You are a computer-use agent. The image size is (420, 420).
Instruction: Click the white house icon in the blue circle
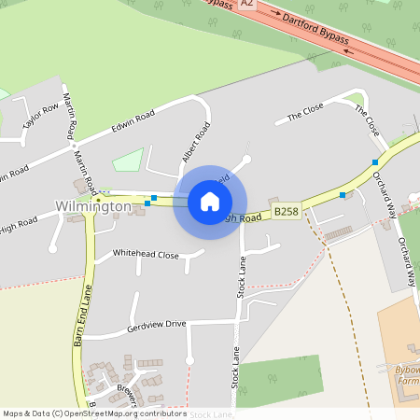tap(210, 202)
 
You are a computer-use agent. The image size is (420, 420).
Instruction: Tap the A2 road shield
tap(246, 5)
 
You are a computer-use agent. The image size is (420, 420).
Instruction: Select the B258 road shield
tap(286, 212)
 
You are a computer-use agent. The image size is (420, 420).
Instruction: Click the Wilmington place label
tap(93, 205)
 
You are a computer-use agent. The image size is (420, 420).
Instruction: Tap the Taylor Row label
tap(40, 119)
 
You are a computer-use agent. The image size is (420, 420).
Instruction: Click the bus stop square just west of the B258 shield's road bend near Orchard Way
tap(343, 195)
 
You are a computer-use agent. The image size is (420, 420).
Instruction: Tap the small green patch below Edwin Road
tap(127, 160)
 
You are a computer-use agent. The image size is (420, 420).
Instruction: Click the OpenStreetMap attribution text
tap(94, 413)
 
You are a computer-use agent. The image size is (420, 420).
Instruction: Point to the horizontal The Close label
tap(304, 114)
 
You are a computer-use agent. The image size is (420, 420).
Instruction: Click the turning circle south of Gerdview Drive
tap(189, 359)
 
